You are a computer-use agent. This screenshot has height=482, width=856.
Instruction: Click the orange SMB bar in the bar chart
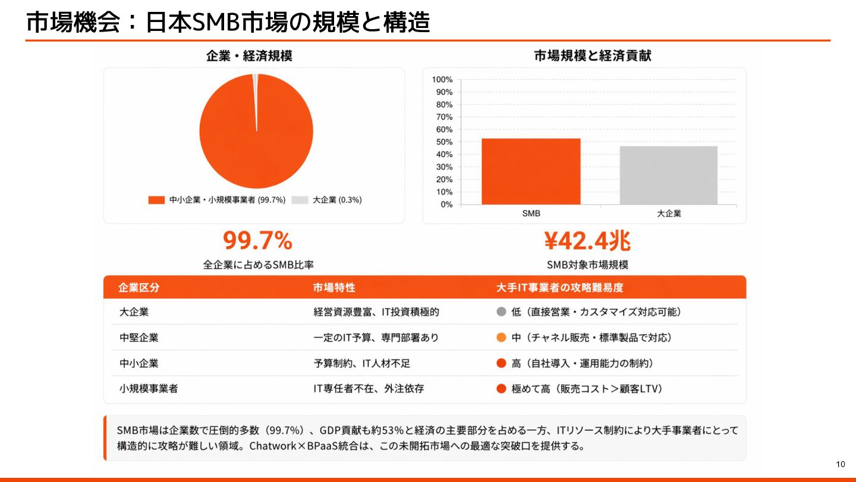coord(531,171)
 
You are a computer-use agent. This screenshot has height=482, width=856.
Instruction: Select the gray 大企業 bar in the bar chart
coord(668,175)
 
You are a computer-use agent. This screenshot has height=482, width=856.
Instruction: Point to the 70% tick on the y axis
coord(443,117)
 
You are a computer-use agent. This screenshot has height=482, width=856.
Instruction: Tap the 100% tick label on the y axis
coord(442,80)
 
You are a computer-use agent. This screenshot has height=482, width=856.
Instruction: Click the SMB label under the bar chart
coord(531,213)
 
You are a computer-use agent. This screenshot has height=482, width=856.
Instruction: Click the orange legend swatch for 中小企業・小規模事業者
coord(156,200)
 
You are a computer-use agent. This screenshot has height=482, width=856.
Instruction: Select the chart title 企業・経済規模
coord(249,56)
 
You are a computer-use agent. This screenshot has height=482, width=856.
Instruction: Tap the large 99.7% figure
coord(258,241)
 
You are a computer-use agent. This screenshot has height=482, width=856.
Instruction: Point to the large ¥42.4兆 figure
coord(587,241)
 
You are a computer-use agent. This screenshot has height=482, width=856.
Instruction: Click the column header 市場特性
coord(334,287)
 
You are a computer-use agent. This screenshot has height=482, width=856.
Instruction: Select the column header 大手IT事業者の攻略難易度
coord(559,287)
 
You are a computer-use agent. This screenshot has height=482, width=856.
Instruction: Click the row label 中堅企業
coord(139,337)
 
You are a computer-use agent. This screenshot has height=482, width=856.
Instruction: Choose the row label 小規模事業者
coord(149,389)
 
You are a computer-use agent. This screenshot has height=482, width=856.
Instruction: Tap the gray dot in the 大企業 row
coord(501,312)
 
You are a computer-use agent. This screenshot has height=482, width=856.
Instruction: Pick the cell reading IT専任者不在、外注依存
coord(369,389)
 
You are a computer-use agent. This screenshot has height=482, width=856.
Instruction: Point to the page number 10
coord(840,464)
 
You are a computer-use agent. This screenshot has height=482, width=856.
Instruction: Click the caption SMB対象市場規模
coord(587,265)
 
